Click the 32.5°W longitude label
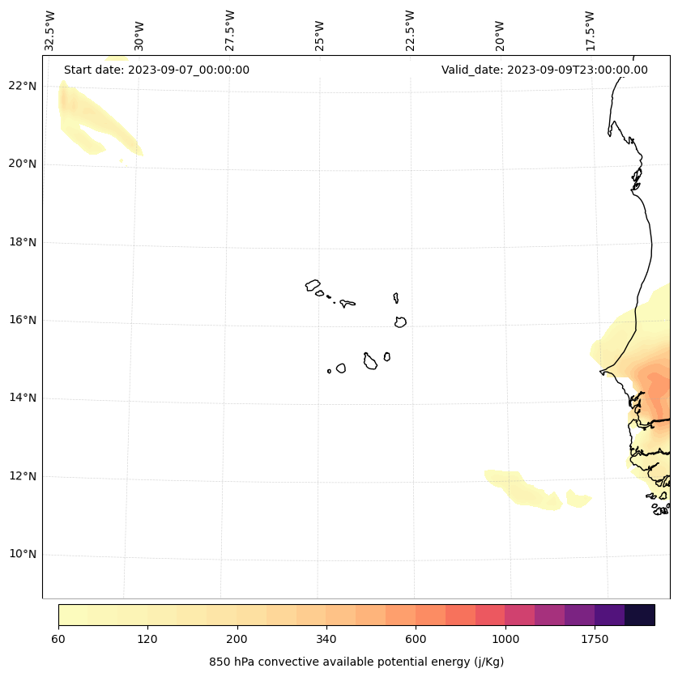51,30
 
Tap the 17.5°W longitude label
590,30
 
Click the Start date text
156,70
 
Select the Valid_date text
544,70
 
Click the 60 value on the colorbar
58,639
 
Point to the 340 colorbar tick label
326,639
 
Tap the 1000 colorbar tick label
505,639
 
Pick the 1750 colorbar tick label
595,639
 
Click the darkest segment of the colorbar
640,615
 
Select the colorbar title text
356,662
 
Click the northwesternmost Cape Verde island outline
313,285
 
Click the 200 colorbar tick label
237,639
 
